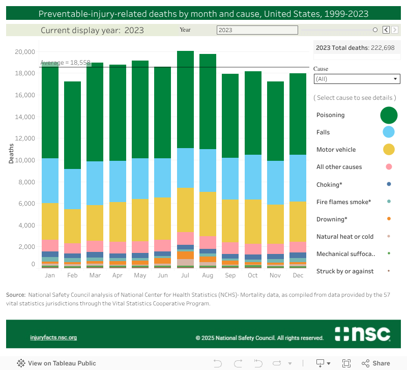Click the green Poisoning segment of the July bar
[185, 99]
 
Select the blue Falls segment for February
[72, 189]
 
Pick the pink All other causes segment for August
[208, 242]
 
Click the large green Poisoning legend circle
[389, 115]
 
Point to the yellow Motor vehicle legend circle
[389, 150]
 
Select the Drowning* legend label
[332, 219]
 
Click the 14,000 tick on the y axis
[25, 117]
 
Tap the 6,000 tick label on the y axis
[26, 204]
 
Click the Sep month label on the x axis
[230, 275]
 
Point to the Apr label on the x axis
[118, 275]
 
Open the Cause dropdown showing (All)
[357, 79]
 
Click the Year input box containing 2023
[257, 30]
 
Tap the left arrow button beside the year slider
[386, 30]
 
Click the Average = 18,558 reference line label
[65, 63]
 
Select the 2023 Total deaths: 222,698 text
[355, 48]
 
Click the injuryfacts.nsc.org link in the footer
[53, 337]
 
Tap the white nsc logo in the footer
[363, 334]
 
